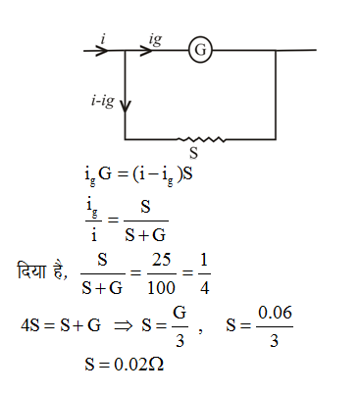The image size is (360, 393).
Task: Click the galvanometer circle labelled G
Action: point(201,50)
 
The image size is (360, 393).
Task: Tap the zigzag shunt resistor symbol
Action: point(201,138)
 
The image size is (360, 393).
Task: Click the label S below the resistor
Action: point(193,154)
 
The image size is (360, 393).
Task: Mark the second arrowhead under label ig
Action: point(148,50)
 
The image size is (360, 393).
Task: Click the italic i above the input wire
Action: point(104,38)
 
